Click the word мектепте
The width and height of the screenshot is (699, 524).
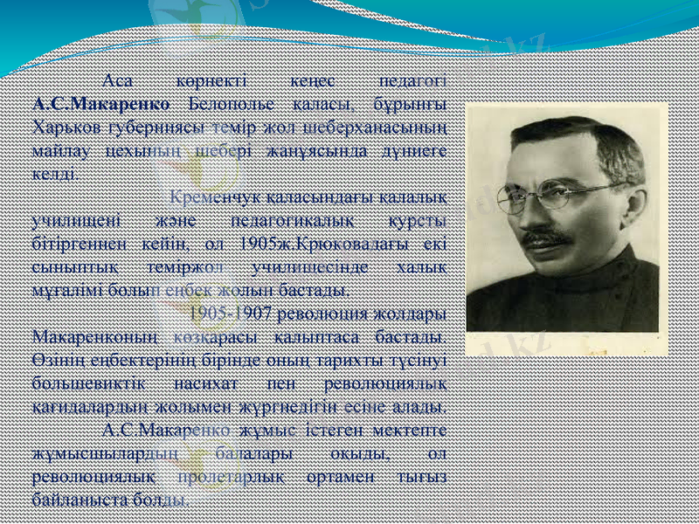click(412, 431)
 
